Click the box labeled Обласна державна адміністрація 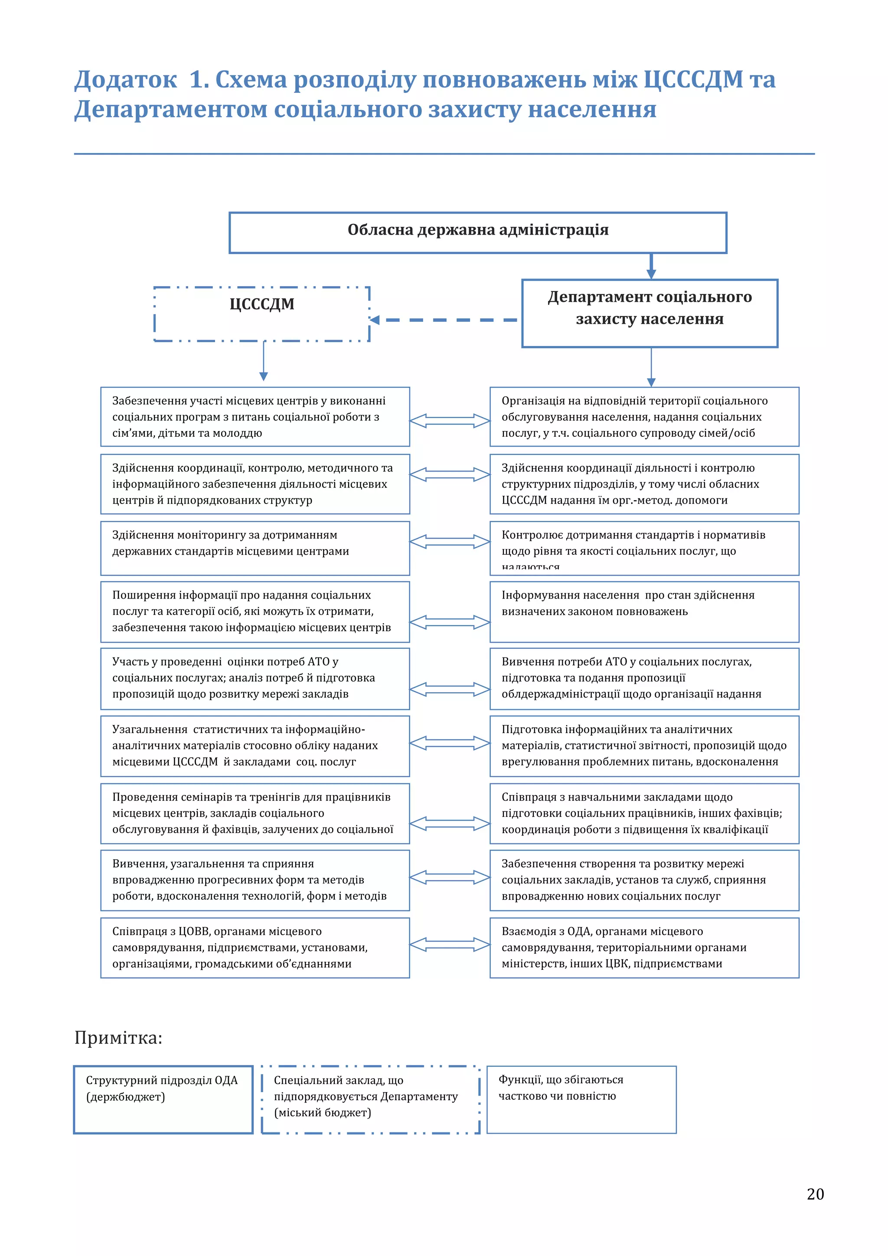coord(477,232)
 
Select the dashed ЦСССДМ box coord(262,314)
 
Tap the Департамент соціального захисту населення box coord(650,313)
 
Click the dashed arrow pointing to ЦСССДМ coord(444,320)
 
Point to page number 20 coord(815,1194)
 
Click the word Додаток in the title coord(126,79)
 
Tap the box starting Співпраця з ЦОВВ coord(255,948)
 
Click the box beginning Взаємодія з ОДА coord(644,948)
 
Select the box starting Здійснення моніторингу coord(255,548)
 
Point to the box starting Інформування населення coord(644,612)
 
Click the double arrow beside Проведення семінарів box coord(450,823)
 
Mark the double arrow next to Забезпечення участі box coord(450,420)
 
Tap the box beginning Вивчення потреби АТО coord(644,678)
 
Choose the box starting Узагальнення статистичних coord(255,746)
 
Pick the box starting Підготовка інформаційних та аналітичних coord(644,746)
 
